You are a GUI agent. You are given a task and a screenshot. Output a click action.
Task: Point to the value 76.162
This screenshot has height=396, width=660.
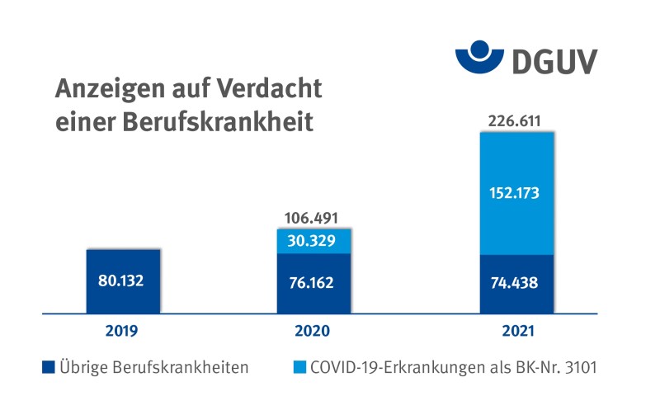click(x=313, y=283)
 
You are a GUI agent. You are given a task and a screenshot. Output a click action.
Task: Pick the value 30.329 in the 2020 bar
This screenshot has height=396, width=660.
click(x=313, y=241)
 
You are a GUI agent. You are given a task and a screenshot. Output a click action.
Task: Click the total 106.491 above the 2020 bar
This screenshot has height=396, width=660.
click(x=313, y=218)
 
